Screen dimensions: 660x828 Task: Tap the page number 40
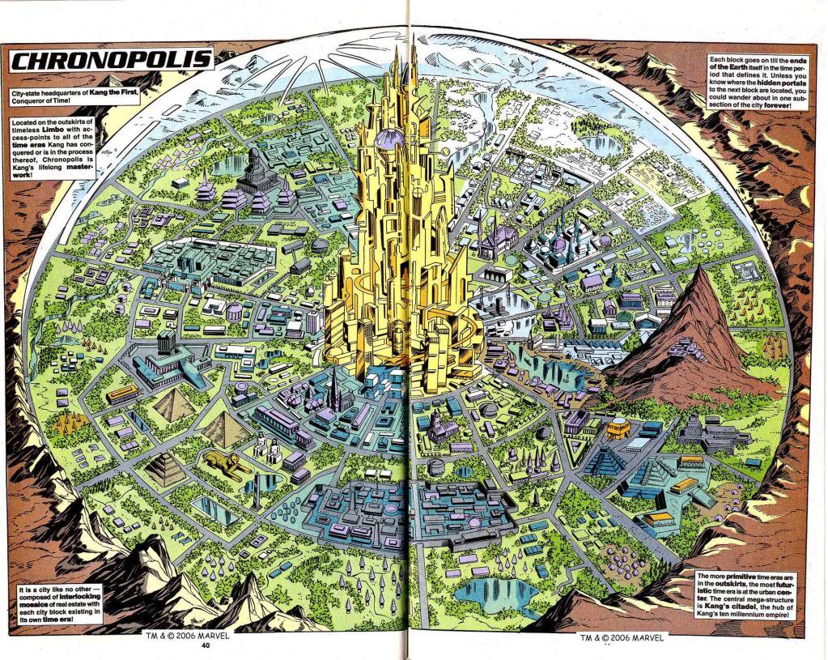[x=206, y=645]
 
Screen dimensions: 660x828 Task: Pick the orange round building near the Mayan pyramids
[x=619, y=428]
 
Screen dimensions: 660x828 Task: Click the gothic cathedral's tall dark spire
[x=333, y=389]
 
